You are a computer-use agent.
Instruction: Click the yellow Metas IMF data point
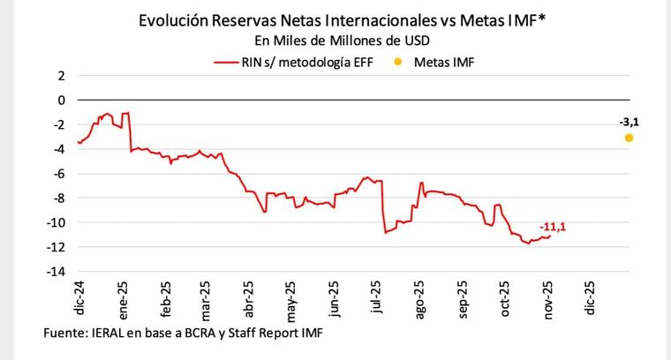tap(629, 138)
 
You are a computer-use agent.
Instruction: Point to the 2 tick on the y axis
tap(61, 76)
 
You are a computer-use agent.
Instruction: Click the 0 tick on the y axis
tap(61, 101)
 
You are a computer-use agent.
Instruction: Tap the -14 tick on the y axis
tap(57, 272)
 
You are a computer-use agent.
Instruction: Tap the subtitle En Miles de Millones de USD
tap(335, 41)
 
